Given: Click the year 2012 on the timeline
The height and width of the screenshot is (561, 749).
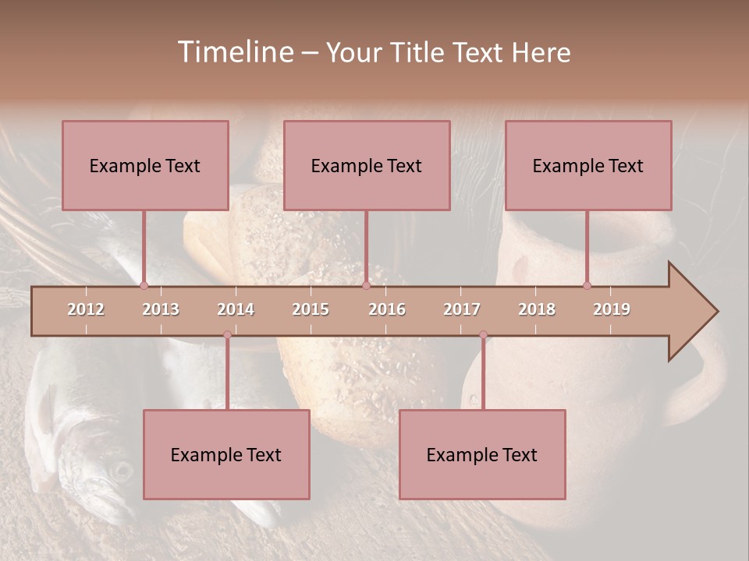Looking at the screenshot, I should pyautogui.click(x=86, y=309).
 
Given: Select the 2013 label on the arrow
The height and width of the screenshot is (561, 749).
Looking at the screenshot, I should pyautogui.click(x=161, y=309).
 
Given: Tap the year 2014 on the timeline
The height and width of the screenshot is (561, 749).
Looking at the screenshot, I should pyautogui.click(x=236, y=309).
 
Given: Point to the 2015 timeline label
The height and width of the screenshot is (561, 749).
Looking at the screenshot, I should pyautogui.click(x=311, y=309).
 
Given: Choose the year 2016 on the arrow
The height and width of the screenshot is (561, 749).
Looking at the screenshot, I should pyautogui.click(x=387, y=309).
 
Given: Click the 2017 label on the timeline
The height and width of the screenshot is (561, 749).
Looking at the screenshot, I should pyautogui.click(x=462, y=309).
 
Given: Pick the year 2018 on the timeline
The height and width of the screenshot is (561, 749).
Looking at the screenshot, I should pyautogui.click(x=537, y=309).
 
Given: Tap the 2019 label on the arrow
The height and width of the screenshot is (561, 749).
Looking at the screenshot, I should pyautogui.click(x=612, y=309).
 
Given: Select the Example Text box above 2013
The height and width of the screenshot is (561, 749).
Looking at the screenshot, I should pyautogui.click(x=145, y=165).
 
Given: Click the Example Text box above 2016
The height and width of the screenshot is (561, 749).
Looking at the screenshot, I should pyautogui.click(x=367, y=165).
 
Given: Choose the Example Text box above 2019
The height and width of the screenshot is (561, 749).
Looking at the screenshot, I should pyautogui.click(x=588, y=165).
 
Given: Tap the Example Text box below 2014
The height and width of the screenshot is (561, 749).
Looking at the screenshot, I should pyautogui.click(x=226, y=454).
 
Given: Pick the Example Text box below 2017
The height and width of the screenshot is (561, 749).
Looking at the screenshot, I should pyautogui.click(x=482, y=454).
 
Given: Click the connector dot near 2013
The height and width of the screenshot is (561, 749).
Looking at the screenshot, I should pyautogui.click(x=144, y=285).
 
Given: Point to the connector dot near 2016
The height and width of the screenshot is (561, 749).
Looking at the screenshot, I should pyautogui.click(x=366, y=285).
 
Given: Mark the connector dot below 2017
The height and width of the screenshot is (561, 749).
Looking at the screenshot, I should pyautogui.click(x=483, y=335).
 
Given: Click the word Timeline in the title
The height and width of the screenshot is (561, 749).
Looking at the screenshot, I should pyautogui.click(x=234, y=52).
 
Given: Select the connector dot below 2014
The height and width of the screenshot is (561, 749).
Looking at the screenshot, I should pyautogui.click(x=227, y=335).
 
